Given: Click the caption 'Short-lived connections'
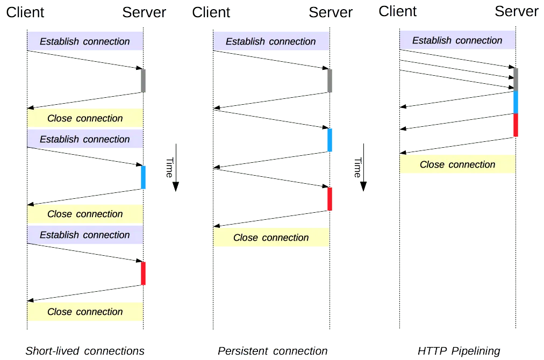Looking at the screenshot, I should click(85, 351).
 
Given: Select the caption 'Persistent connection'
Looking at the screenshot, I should click(272, 351).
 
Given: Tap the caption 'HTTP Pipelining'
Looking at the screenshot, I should click(459, 351).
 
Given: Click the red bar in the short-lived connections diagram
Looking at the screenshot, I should click(144, 273).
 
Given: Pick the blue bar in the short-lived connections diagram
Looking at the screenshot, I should click(144, 177).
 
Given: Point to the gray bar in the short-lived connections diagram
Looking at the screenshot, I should click(144, 81).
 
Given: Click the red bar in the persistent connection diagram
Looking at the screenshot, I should click(330, 199).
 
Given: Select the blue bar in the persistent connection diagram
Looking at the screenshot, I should click(330, 140).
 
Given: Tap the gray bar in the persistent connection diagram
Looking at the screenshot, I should click(330, 81).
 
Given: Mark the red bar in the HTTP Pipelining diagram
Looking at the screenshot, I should click(516, 125).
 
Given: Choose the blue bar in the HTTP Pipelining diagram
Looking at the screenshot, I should click(516, 102).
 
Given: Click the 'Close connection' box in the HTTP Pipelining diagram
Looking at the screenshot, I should click(457, 164).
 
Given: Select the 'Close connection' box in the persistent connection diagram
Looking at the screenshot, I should click(271, 237).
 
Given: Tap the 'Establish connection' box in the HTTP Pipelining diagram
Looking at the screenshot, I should click(457, 40).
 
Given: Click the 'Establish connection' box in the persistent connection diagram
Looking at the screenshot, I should click(271, 41).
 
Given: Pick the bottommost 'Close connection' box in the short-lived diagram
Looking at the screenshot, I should click(85, 312).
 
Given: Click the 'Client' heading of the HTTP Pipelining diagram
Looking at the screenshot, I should click(398, 11).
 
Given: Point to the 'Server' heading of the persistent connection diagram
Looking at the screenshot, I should click(331, 12).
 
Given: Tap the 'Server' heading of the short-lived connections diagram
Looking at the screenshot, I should click(144, 12).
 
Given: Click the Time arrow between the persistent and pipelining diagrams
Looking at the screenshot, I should click(363, 167).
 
